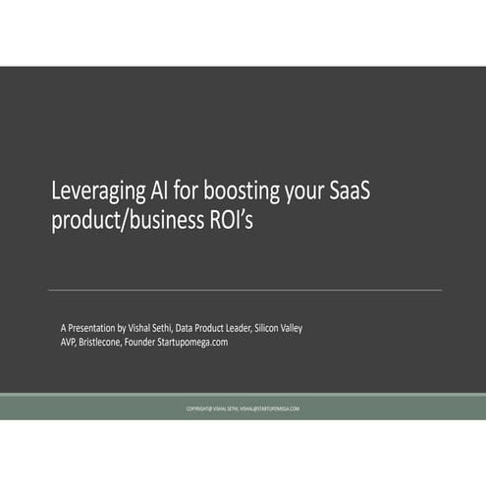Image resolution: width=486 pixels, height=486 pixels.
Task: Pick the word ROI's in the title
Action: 232,221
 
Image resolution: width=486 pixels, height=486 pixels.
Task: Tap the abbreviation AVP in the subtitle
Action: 70,342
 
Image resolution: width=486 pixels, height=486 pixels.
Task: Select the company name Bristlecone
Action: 111,342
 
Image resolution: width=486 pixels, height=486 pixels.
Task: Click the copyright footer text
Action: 243,408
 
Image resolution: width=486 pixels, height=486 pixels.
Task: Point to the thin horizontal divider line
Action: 244,290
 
